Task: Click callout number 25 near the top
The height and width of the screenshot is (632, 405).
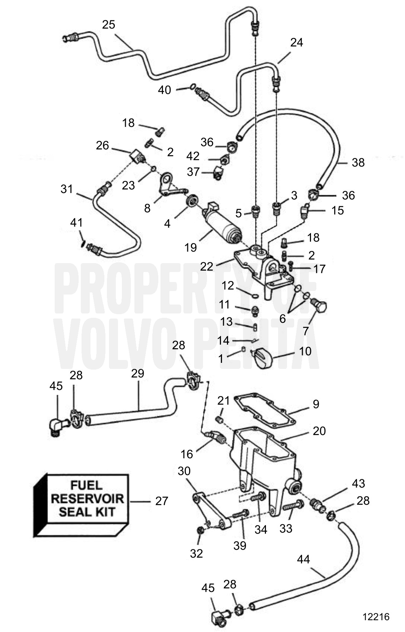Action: (109, 24)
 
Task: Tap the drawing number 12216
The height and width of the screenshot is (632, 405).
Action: (376, 617)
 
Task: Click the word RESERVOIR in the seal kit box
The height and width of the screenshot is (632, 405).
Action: (87, 499)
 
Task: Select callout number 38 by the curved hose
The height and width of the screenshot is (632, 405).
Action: (358, 163)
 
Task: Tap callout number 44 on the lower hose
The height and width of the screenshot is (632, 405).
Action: (303, 559)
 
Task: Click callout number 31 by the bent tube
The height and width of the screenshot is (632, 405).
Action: (66, 189)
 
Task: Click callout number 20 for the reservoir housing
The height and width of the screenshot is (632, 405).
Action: (319, 431)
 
